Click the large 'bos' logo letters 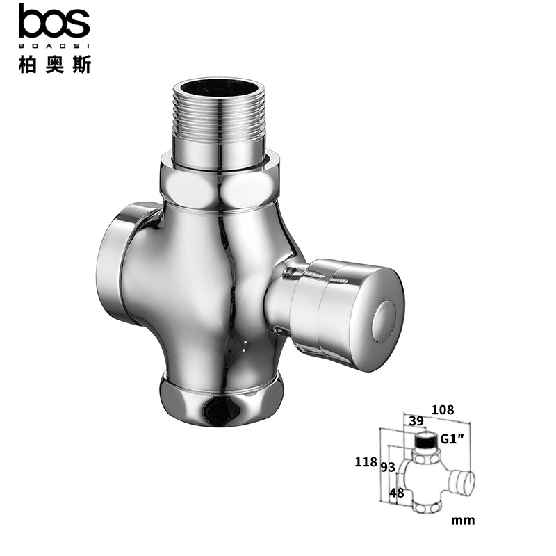(54, 21)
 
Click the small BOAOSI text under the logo (54, 46)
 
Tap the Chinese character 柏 (27, 64)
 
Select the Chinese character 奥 (54, 64)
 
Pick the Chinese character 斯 (81, 64)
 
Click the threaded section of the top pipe (219, 113)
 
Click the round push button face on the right (385, 322)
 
